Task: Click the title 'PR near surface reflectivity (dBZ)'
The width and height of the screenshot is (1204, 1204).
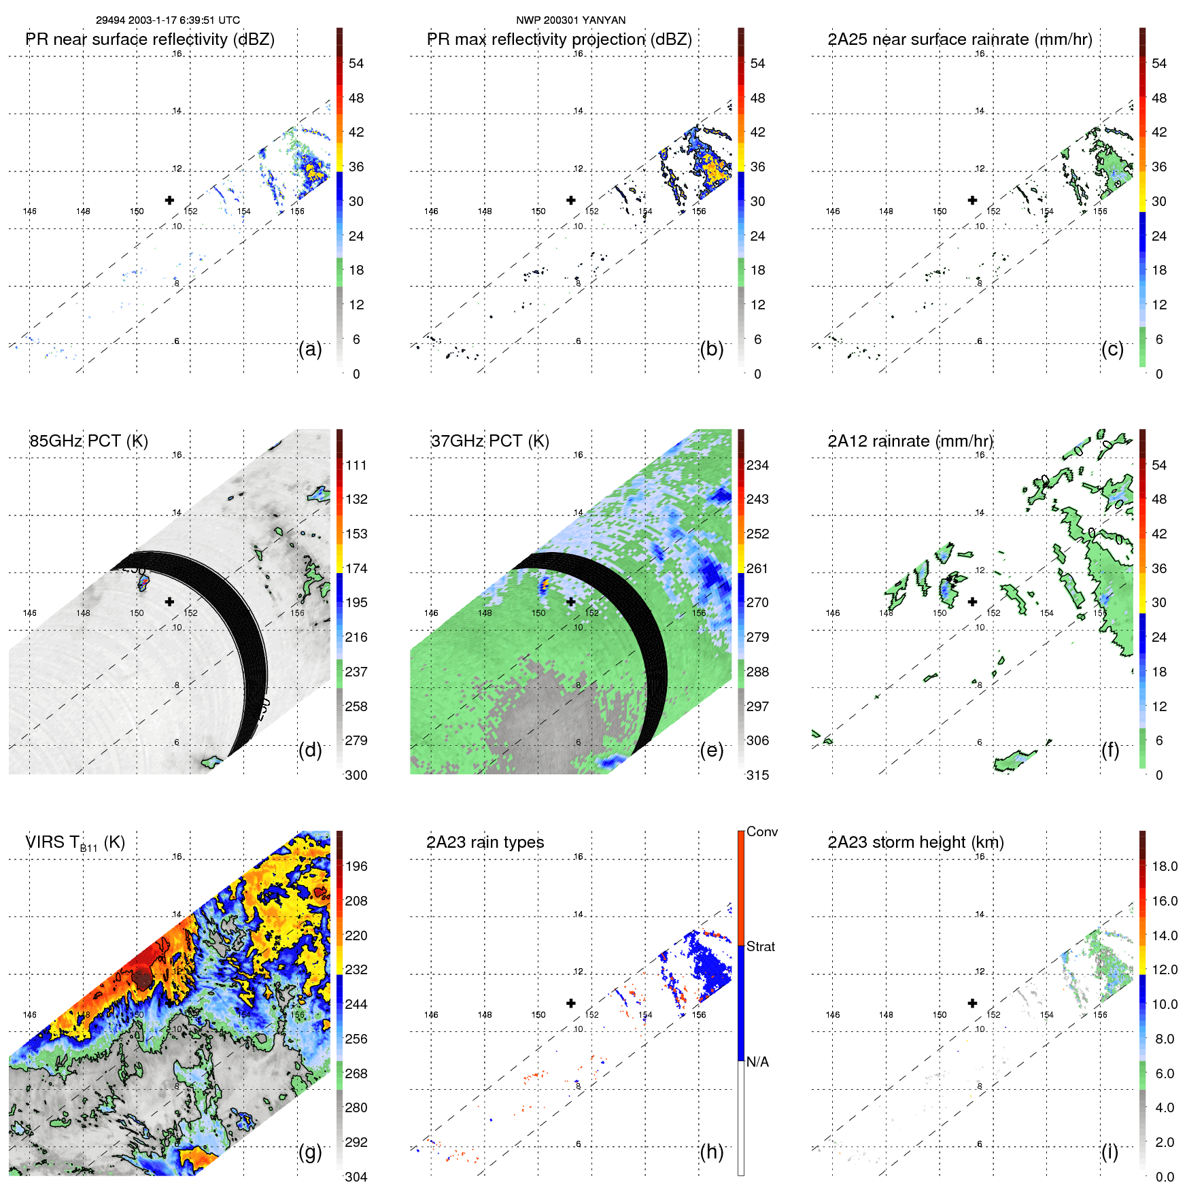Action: tap(150, 39)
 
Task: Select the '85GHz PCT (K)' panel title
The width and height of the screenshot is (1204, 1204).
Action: tap(88, 441)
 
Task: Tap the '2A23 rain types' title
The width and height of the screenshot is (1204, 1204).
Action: tap(485, 842)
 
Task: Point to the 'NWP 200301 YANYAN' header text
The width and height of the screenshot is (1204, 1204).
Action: tap(570, 20)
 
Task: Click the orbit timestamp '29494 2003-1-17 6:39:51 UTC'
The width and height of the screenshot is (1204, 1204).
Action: tap(168, 20)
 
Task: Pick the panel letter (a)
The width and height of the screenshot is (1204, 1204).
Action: tap(310, 349)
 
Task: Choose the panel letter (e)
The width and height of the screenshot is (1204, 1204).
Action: tap(711, 750)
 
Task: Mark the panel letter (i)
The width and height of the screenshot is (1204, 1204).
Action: tap(1110, 1152)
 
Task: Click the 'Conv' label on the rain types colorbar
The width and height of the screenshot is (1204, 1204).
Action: tap(761, 831)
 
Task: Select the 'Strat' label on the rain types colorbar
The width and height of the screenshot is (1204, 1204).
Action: tap(760, 946)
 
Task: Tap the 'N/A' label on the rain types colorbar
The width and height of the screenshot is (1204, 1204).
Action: tap(757, 1062)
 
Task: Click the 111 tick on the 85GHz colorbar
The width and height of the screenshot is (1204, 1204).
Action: tap(356, 465)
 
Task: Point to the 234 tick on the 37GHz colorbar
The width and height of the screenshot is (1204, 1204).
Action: tap(757, 465)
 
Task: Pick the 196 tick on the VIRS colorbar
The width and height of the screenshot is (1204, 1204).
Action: tap(356, 866)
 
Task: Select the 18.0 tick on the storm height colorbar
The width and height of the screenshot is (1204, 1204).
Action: tap(1165, 866)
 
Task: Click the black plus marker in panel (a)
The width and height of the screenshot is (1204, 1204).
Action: tap(169, 200)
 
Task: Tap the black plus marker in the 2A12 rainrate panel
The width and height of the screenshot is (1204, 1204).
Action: tap(972, 602)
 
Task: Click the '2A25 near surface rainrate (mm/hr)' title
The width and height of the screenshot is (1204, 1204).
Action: tap(960, 39)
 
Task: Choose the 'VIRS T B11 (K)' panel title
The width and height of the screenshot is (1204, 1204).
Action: tap(75, 843)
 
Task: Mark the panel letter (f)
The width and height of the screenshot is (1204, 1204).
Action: tap(1110, 750)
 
